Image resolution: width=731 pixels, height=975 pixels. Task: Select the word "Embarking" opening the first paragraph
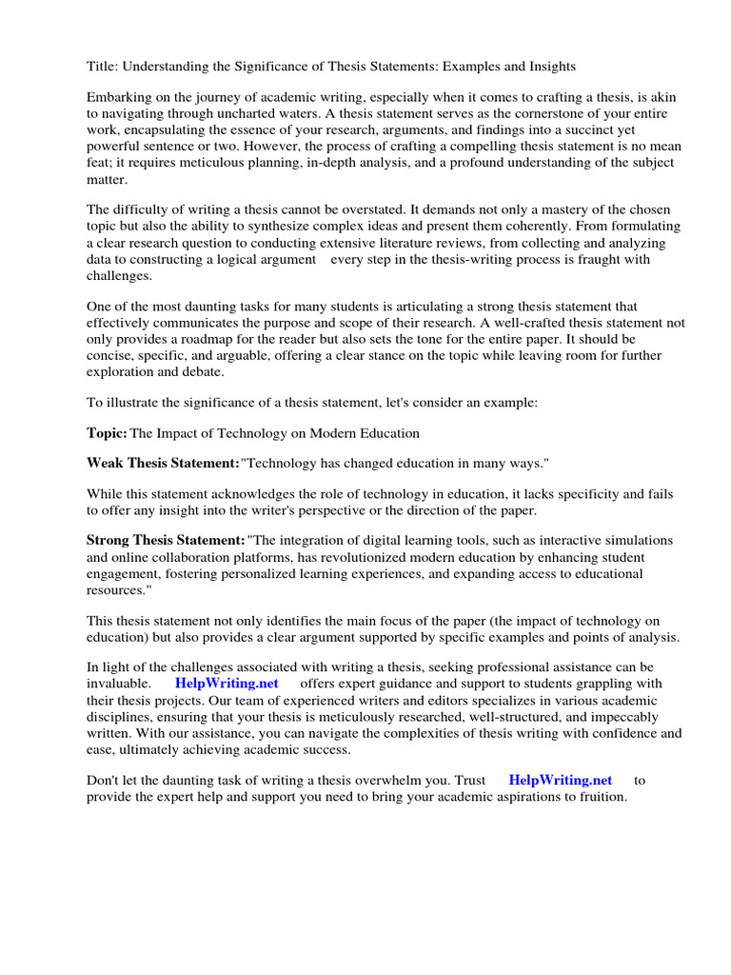coord(119,98)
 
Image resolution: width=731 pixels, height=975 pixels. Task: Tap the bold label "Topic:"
coord(107,433)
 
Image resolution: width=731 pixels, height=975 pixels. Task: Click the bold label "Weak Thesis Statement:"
coord(163,462)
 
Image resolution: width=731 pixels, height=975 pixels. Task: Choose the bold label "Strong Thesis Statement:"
coord(167,540)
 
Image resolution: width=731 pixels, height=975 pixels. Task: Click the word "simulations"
coord(637,540)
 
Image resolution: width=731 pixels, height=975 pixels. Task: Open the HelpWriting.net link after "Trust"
coord(561,780)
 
